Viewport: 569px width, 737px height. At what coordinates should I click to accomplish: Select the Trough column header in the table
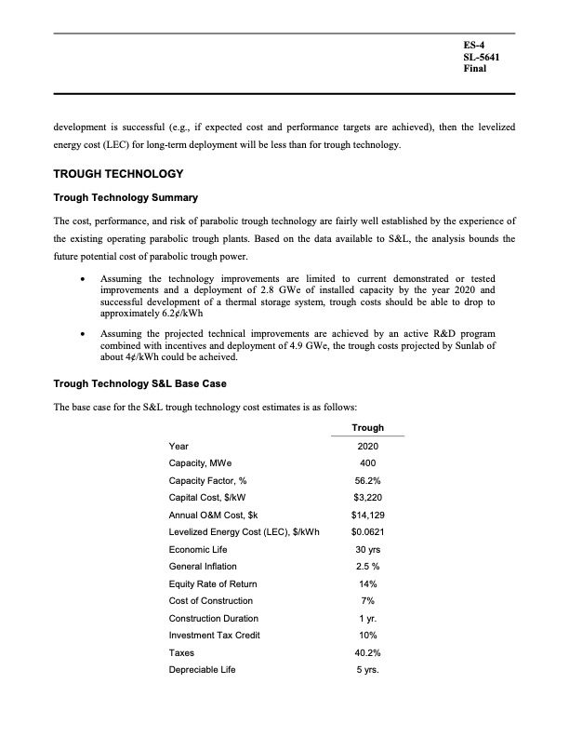pyautogui.click(x=368, y=427)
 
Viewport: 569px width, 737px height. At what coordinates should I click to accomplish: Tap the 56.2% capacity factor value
pyautogui.click(x=368, y=480)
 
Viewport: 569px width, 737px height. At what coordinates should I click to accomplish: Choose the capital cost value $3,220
pyautogui.click(x=368, y=497)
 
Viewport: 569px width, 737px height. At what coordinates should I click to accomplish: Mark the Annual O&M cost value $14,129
pyautogui.click(x=368, y=515)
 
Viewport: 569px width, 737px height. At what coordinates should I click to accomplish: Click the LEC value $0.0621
pyautogui.click(x=368, y=532)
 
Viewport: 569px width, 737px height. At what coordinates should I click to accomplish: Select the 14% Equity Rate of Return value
pyautogui.click(x=368, y=583)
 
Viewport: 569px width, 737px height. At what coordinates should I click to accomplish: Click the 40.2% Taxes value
pyautogui.click(x=368, y=653)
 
